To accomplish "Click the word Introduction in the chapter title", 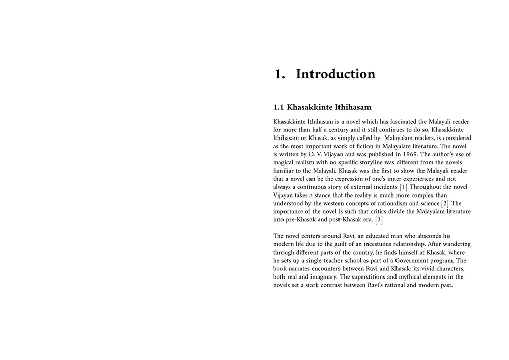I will (x=335, y=74).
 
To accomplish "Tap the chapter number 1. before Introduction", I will (x=279, y=74).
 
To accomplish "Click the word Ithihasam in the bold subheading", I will (x=347, y=107).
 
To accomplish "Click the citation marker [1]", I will (x=404, y=187).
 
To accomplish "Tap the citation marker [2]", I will (x=445, y=204).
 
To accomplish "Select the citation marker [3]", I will (x=379, y=220).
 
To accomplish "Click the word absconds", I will (x=439, y=235).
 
